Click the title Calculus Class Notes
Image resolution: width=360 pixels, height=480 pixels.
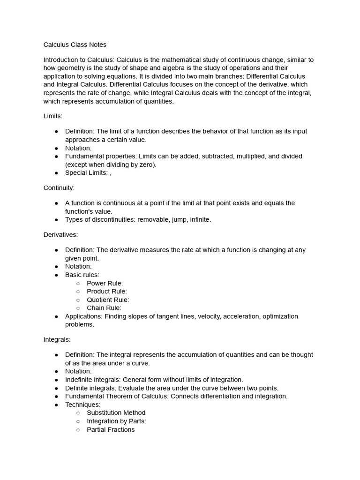click(75, 45)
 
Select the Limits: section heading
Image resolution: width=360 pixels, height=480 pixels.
click(52, 116)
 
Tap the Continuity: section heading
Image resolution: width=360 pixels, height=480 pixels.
click(59, 187)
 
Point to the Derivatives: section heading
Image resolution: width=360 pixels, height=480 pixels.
click(60, 234)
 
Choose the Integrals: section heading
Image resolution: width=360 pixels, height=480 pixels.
click(57, 339)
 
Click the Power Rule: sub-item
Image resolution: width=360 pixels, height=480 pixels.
click(105, 283)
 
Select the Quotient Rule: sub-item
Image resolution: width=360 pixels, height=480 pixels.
click(108, 300)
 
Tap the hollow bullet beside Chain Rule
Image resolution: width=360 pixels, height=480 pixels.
click(78, 308)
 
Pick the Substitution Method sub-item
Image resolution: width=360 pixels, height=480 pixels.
click(116, 413)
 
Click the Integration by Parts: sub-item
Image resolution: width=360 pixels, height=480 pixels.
click(116, 421)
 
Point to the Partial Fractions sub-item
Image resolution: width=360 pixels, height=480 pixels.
click(111, 430)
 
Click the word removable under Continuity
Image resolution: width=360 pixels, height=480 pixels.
click(153, 219)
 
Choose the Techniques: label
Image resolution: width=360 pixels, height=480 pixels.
click(82, 405)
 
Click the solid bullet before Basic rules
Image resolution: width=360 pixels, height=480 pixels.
click(56, 275)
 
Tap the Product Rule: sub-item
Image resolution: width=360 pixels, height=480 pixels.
click(106, 292)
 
